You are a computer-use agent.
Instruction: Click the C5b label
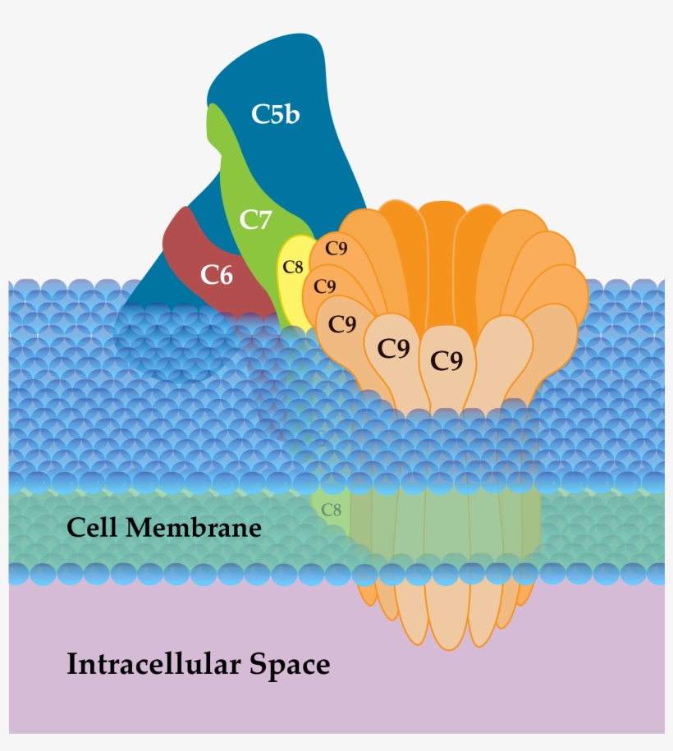(275, 114)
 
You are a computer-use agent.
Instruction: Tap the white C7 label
(255, 220)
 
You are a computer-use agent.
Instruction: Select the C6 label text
(217, 276)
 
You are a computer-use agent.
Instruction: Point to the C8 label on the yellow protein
(293, 267)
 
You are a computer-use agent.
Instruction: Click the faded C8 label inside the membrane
(331, 510)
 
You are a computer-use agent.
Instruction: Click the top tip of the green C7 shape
(213, 111)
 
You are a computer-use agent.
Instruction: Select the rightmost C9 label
(446, 360)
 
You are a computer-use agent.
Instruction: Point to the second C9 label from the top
(325, 286)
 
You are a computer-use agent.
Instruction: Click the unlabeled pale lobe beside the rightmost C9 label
(502, 361)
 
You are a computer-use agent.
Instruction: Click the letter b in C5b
(291, 114)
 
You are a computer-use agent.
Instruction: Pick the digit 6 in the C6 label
(226, 276)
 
